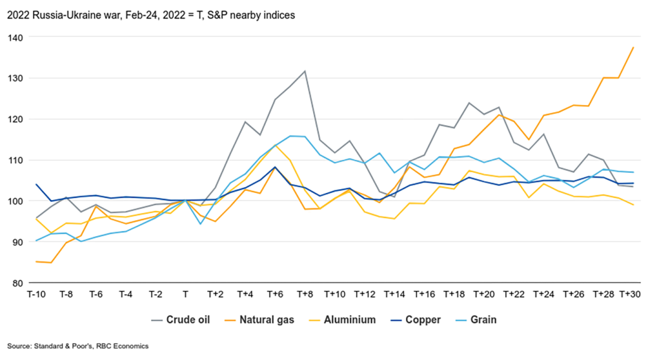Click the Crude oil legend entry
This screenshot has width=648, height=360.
(x=187, y=320)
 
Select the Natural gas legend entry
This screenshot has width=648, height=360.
(x=266, y=320)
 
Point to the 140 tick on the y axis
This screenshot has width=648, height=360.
(x=15, y=37)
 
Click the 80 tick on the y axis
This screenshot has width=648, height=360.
(x=17, y=283)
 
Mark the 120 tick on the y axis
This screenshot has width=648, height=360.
(x=15, y=119)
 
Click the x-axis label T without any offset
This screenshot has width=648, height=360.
(x=185, y=294)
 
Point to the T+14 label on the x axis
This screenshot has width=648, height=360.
(x=394, y=294)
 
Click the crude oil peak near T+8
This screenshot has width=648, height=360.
(x=304, y=71)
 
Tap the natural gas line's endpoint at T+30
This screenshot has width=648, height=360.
(x=633, y=47)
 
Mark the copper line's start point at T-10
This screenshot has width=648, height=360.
(x=35, y=185)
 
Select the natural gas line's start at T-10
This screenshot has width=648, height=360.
(x=35, y=261)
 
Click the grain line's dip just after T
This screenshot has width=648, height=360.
(x=201, y=224)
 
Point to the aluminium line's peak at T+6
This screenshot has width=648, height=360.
(x=275, y=146)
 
